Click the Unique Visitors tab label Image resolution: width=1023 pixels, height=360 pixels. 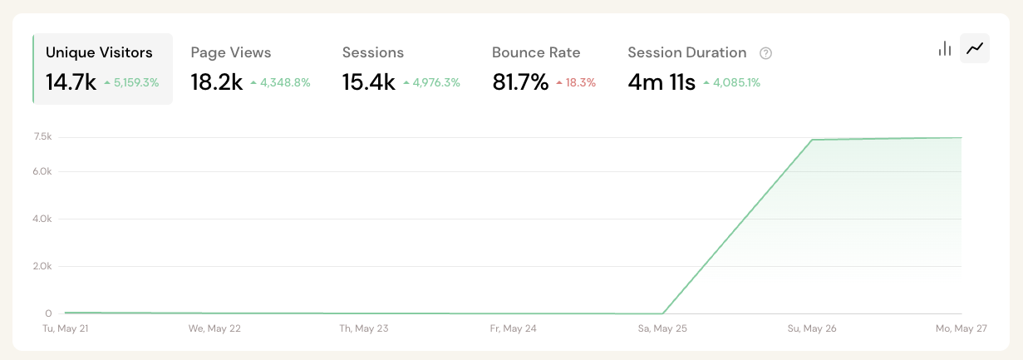[99, 52]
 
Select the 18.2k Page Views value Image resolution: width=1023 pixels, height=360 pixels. [216, 81]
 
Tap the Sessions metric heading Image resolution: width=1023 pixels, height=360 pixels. [372, 52]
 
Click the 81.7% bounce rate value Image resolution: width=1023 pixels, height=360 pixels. [520, 81]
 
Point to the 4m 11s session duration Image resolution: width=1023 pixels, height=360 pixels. [661, 81]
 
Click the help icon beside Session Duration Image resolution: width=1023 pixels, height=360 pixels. [765, 53]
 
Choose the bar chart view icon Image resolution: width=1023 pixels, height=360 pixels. [944, 48]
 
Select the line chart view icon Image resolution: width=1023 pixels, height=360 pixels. [975, 48]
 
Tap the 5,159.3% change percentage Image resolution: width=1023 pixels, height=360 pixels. [135, 82]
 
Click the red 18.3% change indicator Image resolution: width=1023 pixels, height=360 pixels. [580, 82]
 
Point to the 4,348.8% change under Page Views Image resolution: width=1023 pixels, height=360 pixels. [284, 82]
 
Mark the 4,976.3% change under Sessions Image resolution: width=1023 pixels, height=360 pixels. [435, 82]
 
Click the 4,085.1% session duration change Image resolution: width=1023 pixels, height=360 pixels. [735, 82]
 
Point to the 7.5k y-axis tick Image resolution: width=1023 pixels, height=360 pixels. [42, 136]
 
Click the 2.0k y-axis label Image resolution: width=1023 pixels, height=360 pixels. [42, 267]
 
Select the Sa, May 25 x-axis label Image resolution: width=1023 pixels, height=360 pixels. [662, 328]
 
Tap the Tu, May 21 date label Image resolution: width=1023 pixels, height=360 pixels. [66, 328]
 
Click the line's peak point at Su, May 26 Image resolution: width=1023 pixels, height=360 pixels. [811, 140]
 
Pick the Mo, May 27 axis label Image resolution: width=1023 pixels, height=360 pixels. [961, 328]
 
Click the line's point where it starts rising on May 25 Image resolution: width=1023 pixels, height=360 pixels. [662, 313]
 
